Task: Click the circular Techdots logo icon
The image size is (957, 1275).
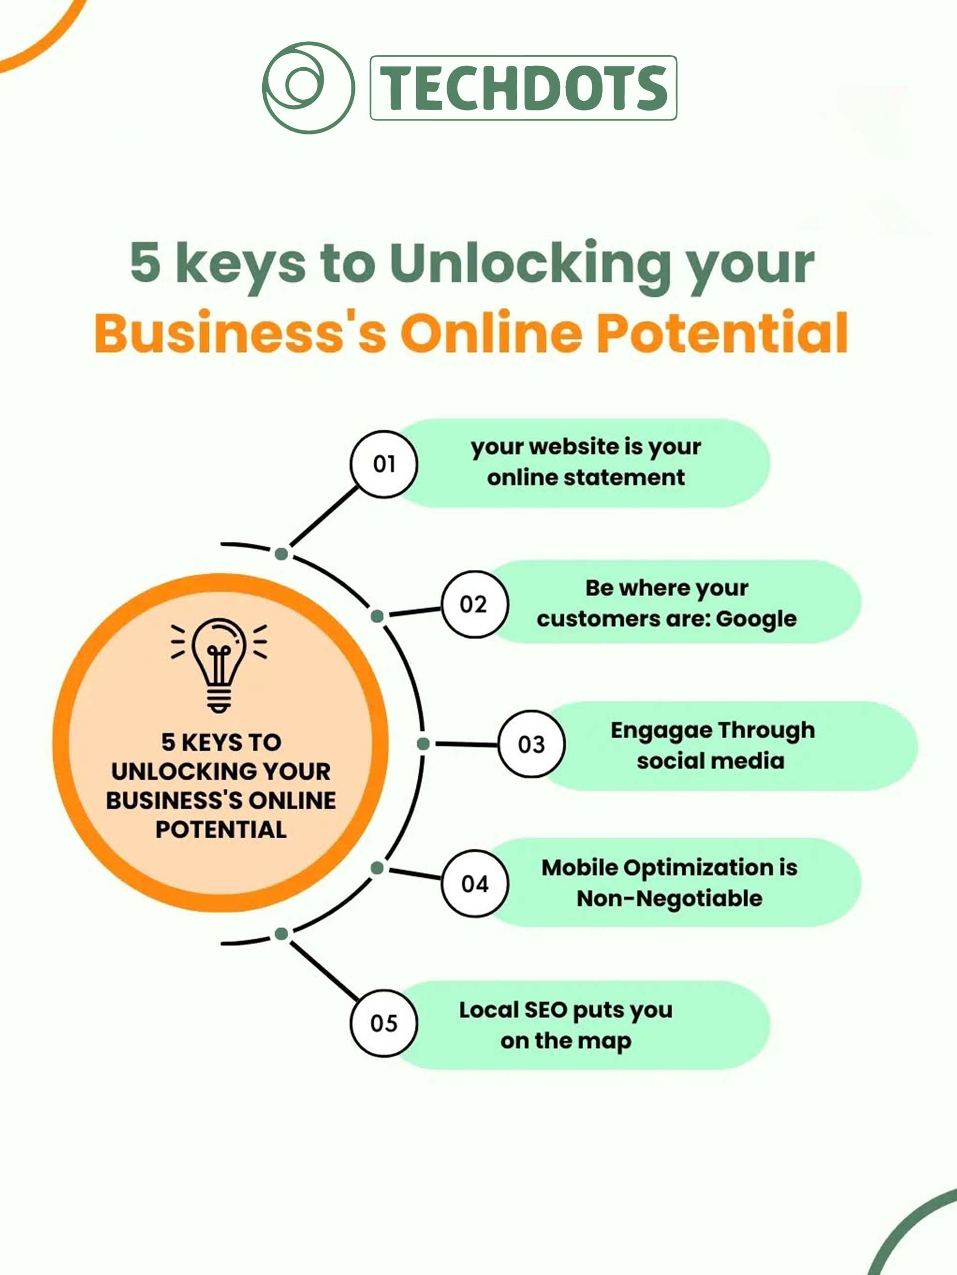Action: (308, 88)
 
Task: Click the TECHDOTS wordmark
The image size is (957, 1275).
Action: (523, 88)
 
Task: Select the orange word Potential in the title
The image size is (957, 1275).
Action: (722, 333)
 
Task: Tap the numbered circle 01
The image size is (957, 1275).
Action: (384, 464)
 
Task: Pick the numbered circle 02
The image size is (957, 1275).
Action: (475, 604)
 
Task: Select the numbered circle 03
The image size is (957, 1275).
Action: (531, 744)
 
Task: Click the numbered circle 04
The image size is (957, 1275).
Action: (475, 884)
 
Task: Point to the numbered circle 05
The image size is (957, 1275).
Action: (384, 1023)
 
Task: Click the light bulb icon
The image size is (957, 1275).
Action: (219, 666)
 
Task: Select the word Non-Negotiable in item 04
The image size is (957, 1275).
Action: (670, 898)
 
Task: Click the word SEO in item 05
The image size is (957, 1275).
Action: (545, 1010)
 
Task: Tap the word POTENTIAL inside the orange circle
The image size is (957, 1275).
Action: (221, 829)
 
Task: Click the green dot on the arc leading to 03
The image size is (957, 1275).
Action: (423, 744)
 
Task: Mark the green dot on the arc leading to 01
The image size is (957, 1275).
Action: (282, 554)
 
